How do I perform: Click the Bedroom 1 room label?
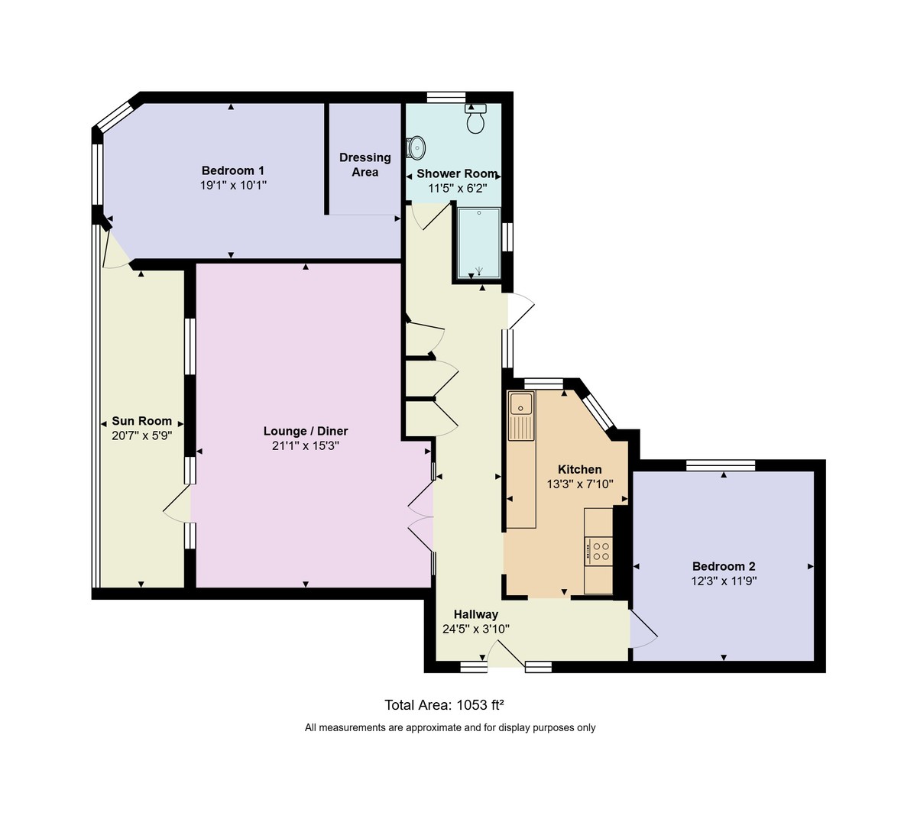coord(232,170)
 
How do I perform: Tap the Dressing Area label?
coord(365,164)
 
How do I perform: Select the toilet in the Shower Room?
coord(476,119)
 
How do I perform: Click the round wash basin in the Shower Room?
coord(416,146)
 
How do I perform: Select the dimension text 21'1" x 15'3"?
coord(305,446)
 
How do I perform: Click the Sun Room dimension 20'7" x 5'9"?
coord(141,435)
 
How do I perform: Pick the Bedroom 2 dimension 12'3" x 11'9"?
coord(723,581)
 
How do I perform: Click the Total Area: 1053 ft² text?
coord(444,705)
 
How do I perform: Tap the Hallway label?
coord(475,614)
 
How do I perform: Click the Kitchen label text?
coord(579,469)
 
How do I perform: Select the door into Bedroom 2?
coord(642,630)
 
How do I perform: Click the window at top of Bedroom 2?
coord(720,465)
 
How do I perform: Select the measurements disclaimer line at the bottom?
coord(450,728)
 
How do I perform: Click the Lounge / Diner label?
coord(305,431)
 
